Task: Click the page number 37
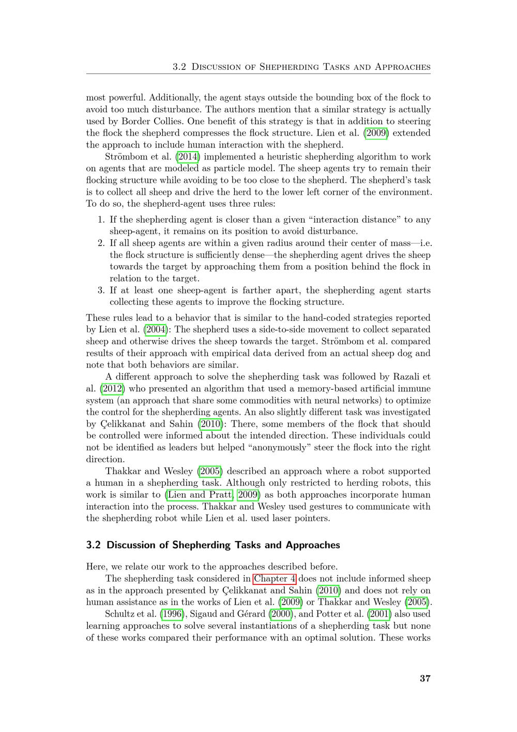(x=425, y=679)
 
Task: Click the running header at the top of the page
(x=301, y=67)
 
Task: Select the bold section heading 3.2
(x=213, y=545)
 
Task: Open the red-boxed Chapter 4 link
(x=275, y=578)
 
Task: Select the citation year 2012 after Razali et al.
(x=112, y=388)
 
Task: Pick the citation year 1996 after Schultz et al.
(x=171, y=614)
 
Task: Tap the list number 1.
(x=101, y=219)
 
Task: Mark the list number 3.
(x=101, y=290)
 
